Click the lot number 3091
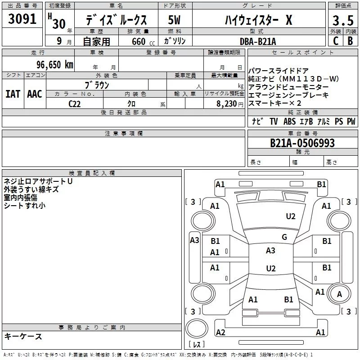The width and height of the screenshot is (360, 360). tap(22, 20)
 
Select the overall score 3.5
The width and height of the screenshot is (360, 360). tap(342, 21)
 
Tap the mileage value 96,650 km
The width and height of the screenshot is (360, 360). tap(55, 65)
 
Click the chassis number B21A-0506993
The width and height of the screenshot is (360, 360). tap(302, 143)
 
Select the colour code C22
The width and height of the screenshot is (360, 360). tap(75, 103)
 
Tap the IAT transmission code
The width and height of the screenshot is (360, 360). tap(13, 94)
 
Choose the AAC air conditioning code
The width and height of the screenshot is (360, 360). tap(35, 94)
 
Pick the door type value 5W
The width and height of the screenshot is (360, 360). tap(175, 20)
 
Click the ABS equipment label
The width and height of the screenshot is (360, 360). tap(289, 121)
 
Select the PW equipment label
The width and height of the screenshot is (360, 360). tap(351, 121)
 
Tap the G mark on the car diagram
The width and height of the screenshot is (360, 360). tap(284, 237)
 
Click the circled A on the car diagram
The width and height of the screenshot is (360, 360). tap(339, 294)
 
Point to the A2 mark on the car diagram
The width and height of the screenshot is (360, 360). tap(220, 332)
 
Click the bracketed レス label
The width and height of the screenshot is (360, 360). tap(196, 345)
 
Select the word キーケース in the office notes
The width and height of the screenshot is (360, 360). tap(23, 336)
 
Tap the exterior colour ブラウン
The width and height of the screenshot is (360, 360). tap(97, 85)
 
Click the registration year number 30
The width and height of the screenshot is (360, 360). tap(58, 23)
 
